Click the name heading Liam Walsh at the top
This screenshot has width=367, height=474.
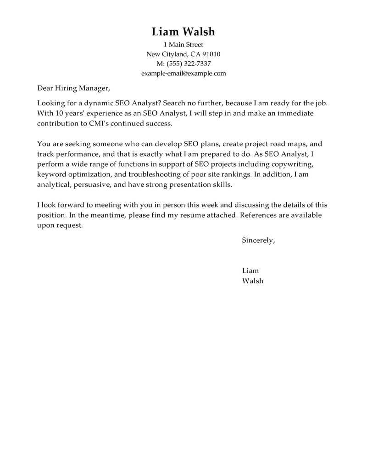[x=183, y=32]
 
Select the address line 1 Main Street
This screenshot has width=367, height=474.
[x=183, y=45]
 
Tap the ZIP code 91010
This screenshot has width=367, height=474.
[x=211, y=54]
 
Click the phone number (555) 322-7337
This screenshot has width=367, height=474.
[x=189, y=64]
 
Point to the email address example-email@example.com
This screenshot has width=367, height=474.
[x=183, y=73]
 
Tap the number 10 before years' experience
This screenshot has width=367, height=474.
[x=57, y=113]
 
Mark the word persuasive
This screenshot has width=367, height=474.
[x=94, y=184]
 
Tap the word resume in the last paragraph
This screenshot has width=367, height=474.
[x=190, y=215]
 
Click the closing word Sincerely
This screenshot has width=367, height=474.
[x=258, y=240]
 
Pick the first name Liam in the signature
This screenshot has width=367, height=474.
[x=250, y=271]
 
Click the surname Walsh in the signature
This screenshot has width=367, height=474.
[x=252, y=281]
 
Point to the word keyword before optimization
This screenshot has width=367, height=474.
[x=51, y=174]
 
